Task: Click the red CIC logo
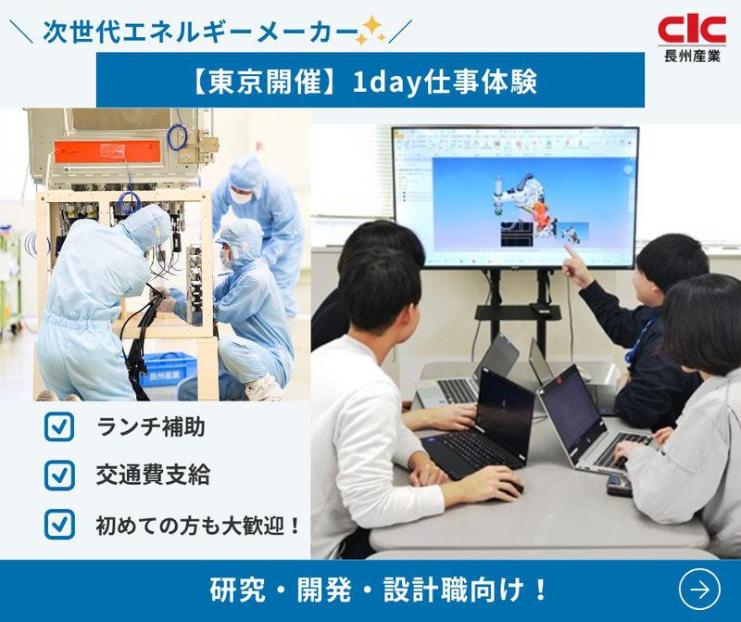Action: point(691,30)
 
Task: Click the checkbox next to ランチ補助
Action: point(59,427)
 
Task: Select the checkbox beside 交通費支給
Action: point(59,476)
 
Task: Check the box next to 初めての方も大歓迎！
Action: point(59,525)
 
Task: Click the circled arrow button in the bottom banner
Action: point(698,589)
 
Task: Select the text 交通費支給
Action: point(153,476)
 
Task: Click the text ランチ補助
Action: point(151,427)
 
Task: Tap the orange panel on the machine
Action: point(107,149)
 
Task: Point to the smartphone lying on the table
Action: point(619,485)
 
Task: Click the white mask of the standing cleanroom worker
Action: point(241,196)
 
